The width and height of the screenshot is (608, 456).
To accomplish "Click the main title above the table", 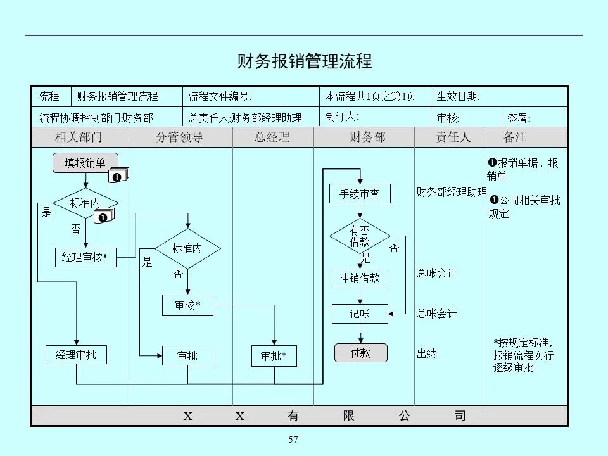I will click(304, 61).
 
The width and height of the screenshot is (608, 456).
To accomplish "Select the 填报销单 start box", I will click(85, 163).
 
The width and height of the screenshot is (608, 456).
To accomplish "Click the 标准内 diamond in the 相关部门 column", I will click(85, 203).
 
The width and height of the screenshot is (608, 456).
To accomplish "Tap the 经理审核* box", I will click(85, 257).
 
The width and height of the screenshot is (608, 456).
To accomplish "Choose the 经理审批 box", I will click(76, 355).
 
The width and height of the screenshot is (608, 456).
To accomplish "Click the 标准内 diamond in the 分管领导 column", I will click(187, 249).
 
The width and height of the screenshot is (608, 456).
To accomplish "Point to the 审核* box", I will click(187, 305).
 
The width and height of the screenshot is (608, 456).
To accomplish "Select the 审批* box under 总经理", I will click(274, 356).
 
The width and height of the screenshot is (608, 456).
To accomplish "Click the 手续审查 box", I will click(360, 194).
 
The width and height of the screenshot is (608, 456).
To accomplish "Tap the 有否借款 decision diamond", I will click(360, 237).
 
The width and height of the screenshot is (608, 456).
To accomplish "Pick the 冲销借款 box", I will click(360, 278).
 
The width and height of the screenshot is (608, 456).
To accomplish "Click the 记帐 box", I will click(360, 313).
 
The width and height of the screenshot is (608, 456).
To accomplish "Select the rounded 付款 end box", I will click(360, 353).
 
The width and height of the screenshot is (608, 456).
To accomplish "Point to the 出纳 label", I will click(427, 353).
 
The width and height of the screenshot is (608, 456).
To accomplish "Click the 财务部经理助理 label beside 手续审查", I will click(451, 192).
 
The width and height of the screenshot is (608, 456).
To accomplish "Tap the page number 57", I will click(293, 440).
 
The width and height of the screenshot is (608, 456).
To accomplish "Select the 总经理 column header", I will click(272, 137).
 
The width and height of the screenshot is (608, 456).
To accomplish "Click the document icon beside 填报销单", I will click(118, 175).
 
